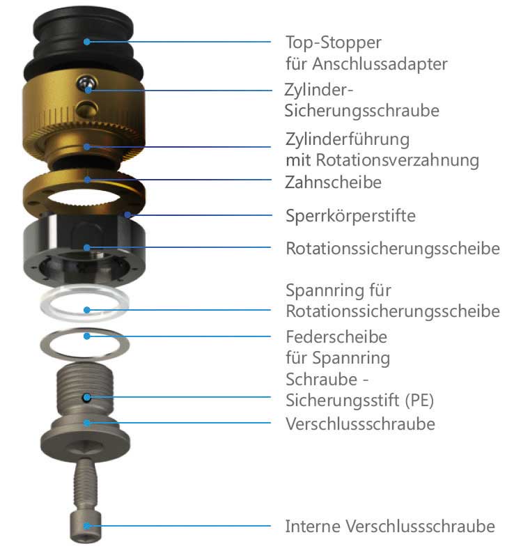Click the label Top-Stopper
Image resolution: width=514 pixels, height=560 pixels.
pyautogui.click(x=334, y=43)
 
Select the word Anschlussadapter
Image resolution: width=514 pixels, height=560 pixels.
pyautogui.click(x=380, y=64)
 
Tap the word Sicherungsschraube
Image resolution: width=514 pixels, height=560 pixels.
pyautogui.click(x=362, y=111)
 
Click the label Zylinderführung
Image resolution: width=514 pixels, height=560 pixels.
pyautogui.click(x=347, y=139)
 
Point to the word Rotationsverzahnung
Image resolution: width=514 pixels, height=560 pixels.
pyautogui.click(x=397, y=160)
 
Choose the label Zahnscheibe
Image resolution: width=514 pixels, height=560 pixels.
pyautogui.click(x=333, y=182)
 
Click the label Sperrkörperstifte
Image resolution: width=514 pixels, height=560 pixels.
pyautogui.click(x=350, y=216)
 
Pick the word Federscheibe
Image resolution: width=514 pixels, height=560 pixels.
pyautogui.click(x=336, y=337)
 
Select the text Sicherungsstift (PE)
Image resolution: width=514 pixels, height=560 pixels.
pyautogui.click(x=359, y=400)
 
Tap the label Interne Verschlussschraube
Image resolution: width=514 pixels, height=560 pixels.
pyautogui.click(x=390, y=527)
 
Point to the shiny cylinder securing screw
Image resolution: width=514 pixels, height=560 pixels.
pyautogui.click(x=86, y=83)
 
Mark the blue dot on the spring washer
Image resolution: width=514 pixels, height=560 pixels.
pyautogui.click(x=86, y=336)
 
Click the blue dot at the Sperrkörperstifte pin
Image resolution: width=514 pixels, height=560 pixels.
pyautogui.click(x=128, y=215)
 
